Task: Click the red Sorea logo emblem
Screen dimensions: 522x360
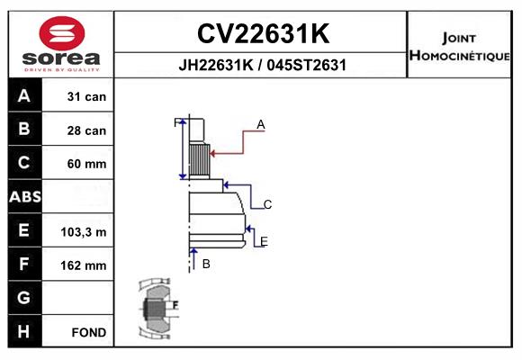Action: point(62,33)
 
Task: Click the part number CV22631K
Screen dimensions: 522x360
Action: point(264,33)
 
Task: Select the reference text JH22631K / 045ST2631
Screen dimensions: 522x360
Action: point(262,65)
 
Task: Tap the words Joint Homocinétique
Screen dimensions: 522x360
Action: point(459,47)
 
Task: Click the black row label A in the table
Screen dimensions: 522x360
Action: point(24,96)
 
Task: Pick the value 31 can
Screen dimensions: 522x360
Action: point(86,96)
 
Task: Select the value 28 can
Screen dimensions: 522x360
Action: point(86,130)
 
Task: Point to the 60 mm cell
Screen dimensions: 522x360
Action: point(86,164)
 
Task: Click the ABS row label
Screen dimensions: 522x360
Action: point(25,197)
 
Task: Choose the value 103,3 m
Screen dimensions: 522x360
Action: point(84,232)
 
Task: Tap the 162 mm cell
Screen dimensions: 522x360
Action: point(84,265)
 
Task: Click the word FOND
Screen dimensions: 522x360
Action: point(89,332)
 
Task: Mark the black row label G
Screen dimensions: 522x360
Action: point(24,297)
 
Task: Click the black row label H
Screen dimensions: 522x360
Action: point(24,331)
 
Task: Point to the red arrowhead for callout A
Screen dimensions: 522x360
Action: point(213,154)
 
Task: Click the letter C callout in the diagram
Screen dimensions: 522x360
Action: point(267,204)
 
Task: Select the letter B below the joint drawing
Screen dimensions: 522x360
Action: point(206,264)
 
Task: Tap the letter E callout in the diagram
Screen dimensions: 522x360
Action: point(264,241)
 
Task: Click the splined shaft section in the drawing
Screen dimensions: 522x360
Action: point(200,160)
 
